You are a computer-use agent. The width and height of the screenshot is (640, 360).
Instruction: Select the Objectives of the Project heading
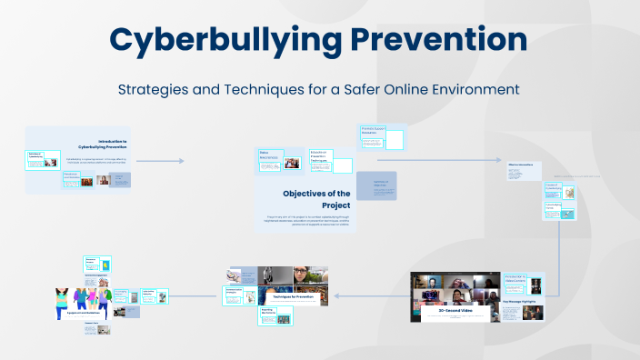tap(316, 199)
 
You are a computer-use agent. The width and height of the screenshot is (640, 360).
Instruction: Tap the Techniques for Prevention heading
tap(290, 296)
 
